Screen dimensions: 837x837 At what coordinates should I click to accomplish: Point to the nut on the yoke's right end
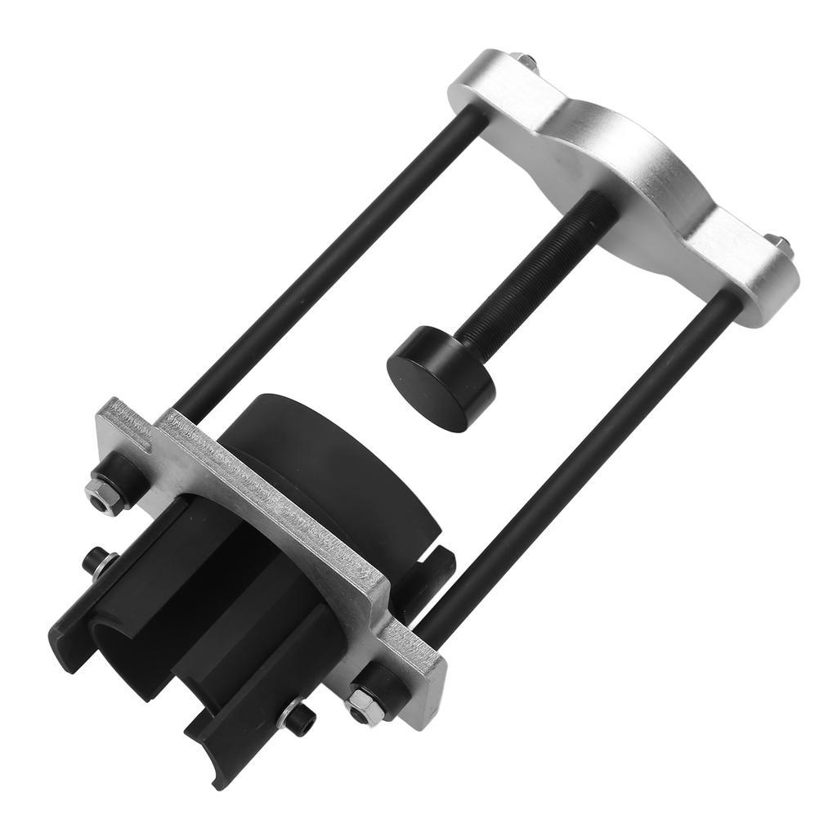coord(779,242)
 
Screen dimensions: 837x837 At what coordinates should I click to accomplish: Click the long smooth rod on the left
coord(327,262)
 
